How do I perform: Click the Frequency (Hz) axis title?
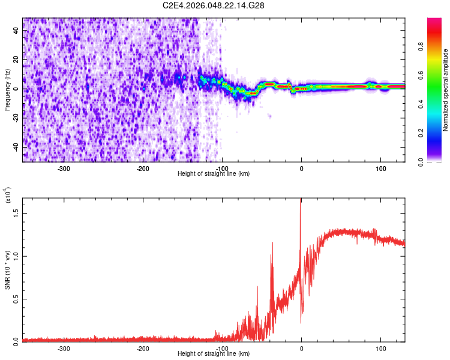7,90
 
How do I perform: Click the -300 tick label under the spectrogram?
64,168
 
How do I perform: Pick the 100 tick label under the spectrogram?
380,168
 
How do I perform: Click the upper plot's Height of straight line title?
214,174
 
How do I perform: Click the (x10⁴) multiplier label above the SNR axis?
8,195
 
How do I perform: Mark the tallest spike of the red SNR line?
301,200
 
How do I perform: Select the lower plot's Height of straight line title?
214,354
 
